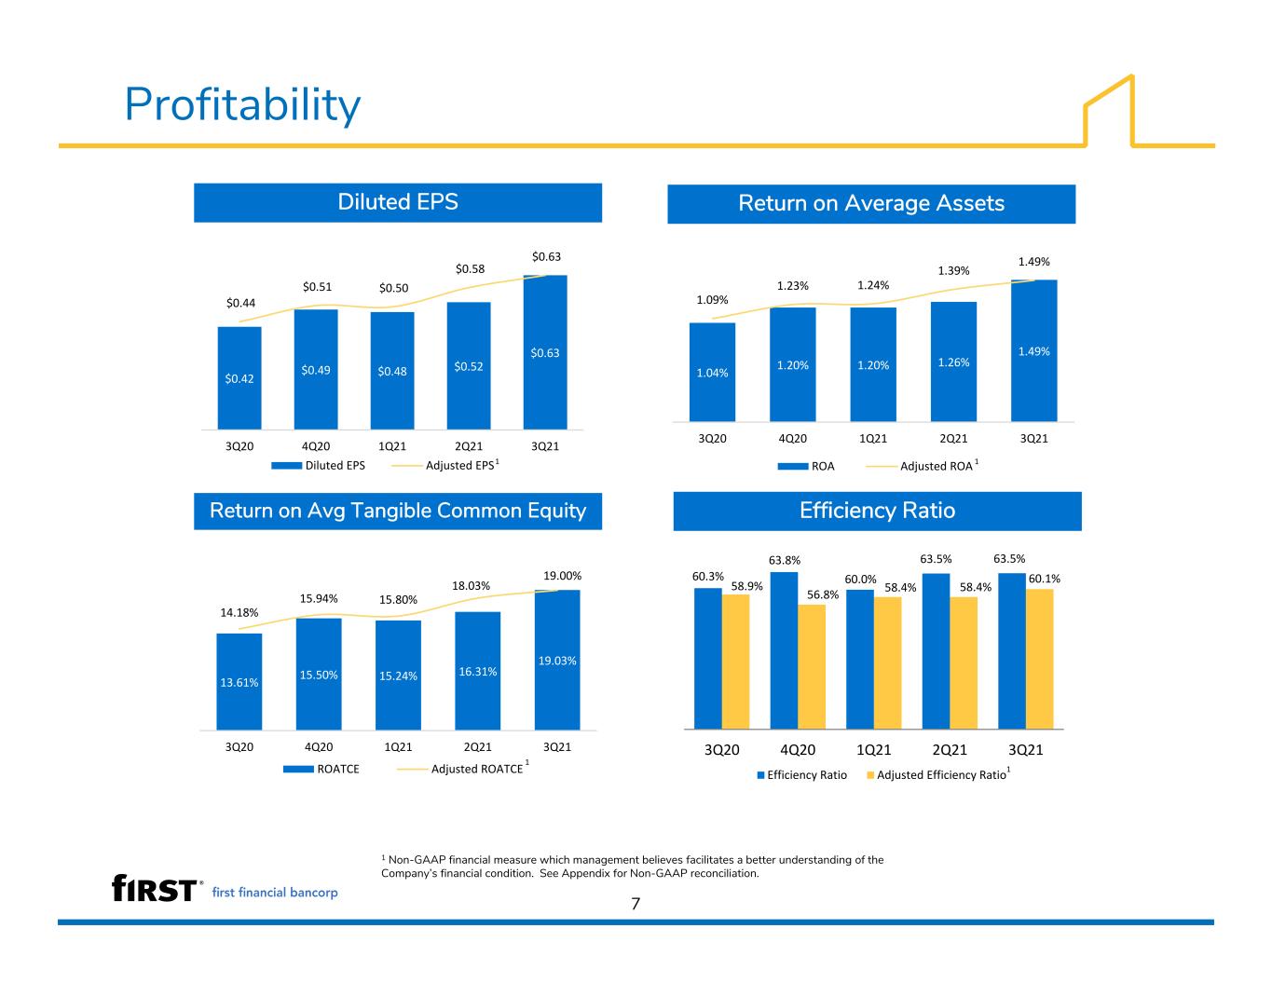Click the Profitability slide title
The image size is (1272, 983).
click(242, 104)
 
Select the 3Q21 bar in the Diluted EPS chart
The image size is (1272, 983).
click(545, 351)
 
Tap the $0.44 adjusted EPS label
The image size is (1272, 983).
click(240, 303)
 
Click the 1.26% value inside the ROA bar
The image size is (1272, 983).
click(953, 362)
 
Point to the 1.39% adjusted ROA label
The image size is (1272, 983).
click(953, 270)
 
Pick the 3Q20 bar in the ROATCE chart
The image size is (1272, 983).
click(239, 682)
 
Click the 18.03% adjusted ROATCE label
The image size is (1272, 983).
click(471, 586)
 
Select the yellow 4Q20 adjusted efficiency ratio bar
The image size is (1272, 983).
click(812, 666)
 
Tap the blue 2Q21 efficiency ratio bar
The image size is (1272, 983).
click(936, 651)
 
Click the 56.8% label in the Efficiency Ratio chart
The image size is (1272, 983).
click(823, 594)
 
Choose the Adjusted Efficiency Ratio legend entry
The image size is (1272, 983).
click(938, 774)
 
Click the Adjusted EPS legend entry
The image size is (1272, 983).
click(445, 465)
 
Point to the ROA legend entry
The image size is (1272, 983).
click(806, 466)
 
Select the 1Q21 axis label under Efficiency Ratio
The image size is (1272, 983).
click(873, 749)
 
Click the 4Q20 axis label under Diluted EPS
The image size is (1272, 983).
click(316, 446)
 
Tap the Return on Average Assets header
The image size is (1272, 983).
click(871, 204)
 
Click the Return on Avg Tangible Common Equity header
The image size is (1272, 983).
click(398, 511)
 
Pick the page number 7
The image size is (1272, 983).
click(636, 904)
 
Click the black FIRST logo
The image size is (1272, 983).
click(154, 888)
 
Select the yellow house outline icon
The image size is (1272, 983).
click(1109, 111)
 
